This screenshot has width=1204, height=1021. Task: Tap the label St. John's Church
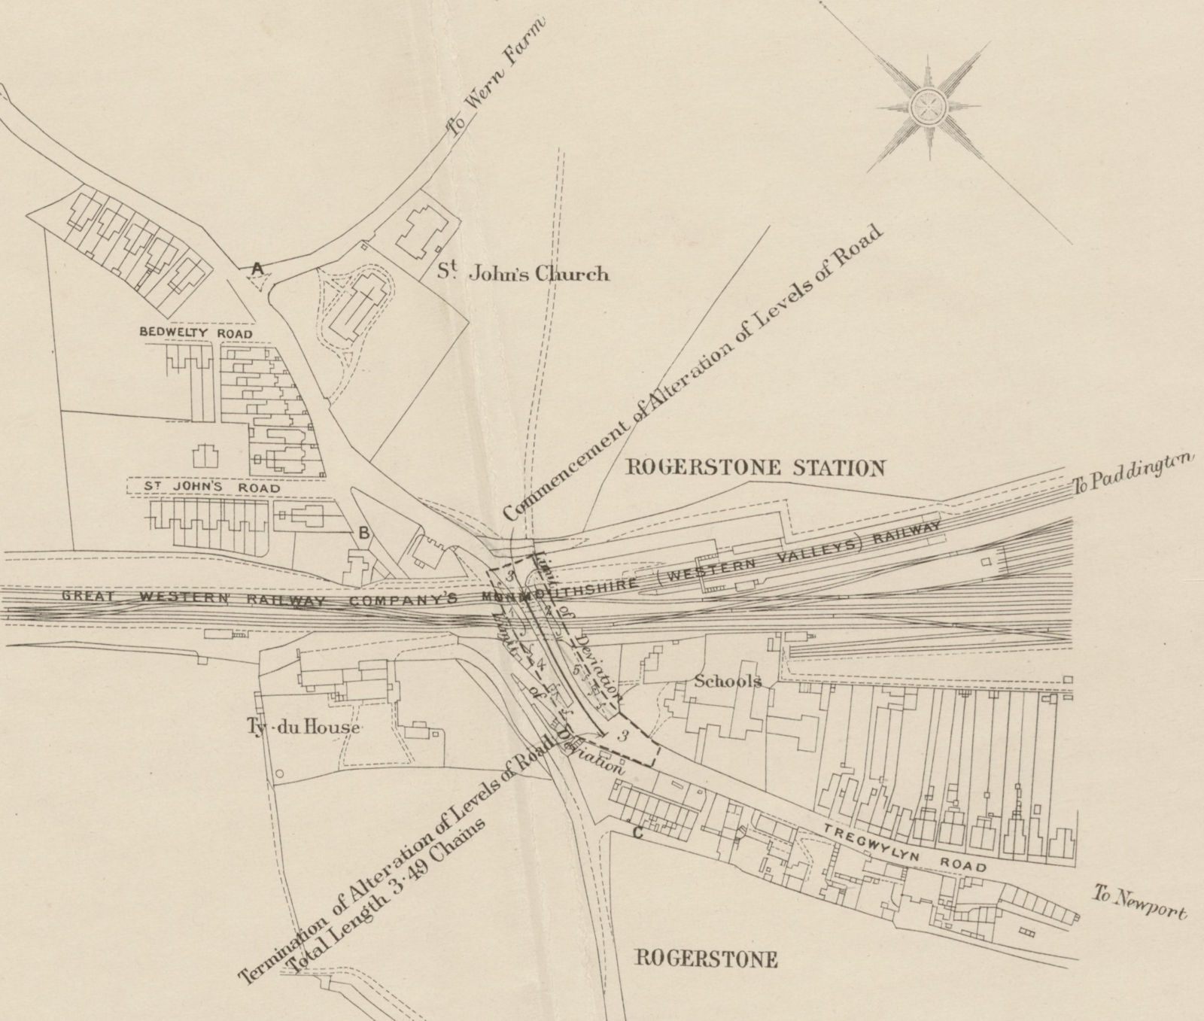(524, 273)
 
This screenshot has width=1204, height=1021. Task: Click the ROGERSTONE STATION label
(756, 468)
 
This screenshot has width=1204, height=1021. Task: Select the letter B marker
(363, 533)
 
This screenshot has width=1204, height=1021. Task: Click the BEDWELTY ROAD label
(196, 333)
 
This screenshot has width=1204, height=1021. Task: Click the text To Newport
(1139, 902)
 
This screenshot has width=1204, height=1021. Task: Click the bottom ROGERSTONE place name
(706, 959)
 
